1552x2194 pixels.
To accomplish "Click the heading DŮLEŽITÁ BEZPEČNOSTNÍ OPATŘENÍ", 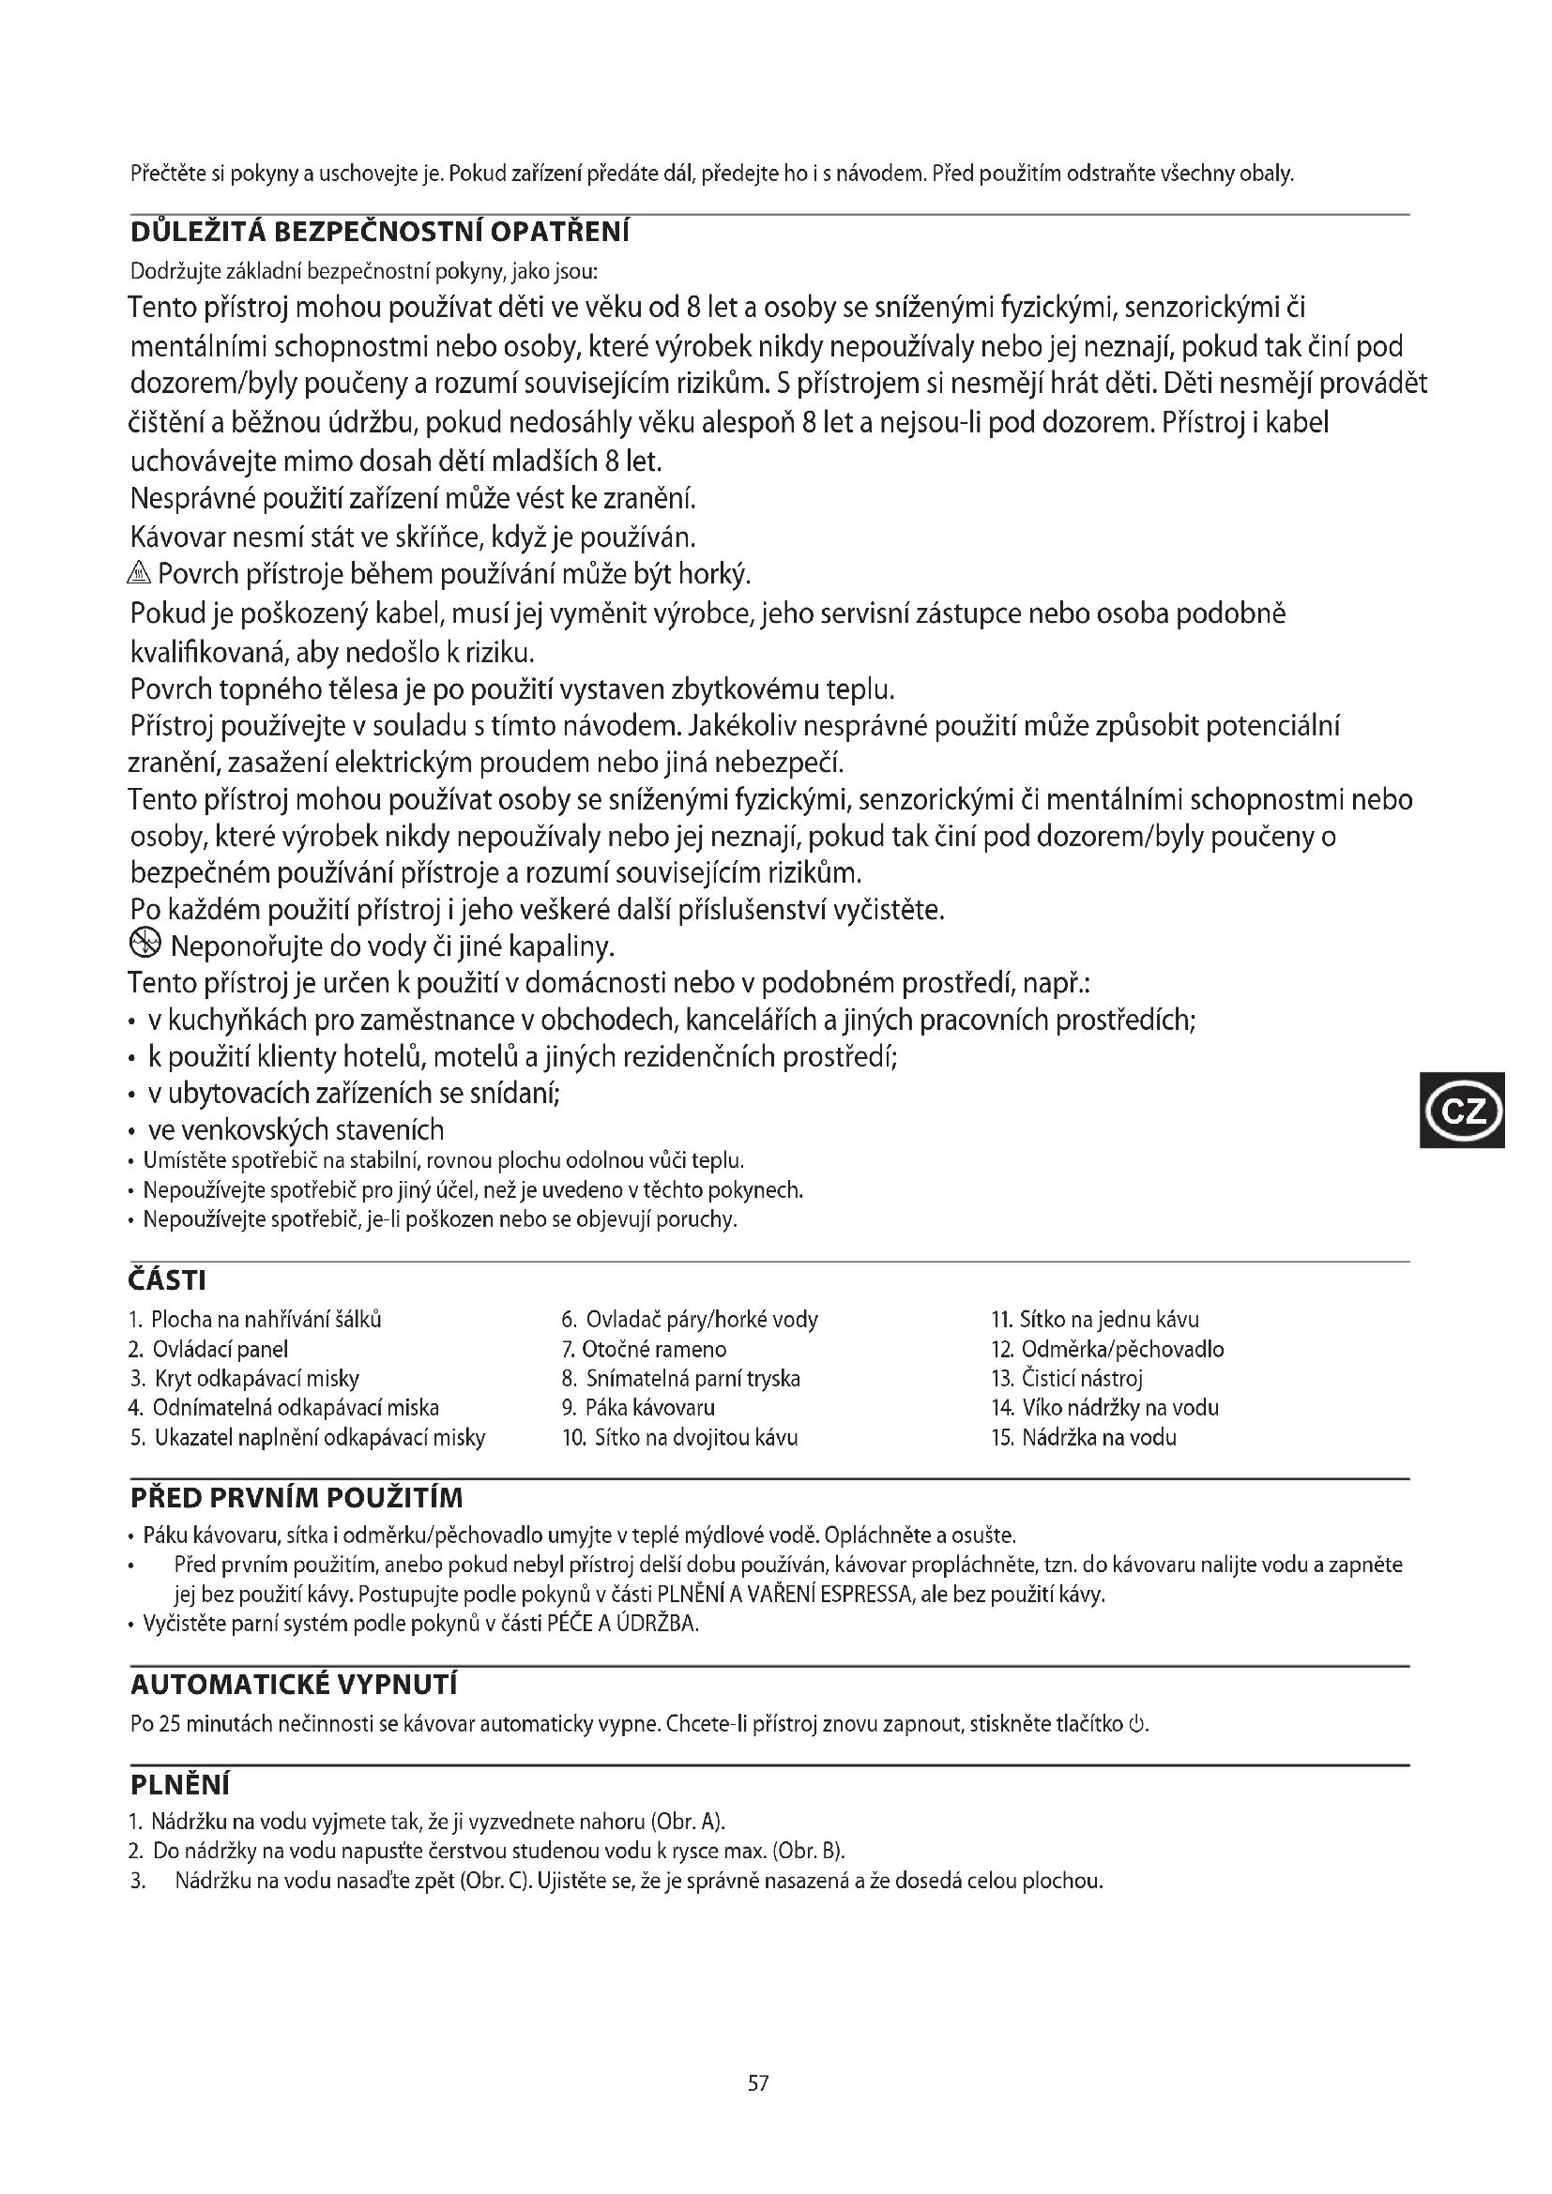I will [379, 233].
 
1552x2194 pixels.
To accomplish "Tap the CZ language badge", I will [1462, 1110].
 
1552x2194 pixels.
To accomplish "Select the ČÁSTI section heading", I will [167, 1279].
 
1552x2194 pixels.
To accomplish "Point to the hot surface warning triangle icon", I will [140, 574].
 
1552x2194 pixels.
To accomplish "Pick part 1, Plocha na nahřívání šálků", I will [255, 1320].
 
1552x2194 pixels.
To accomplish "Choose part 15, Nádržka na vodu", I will [1084, 1437].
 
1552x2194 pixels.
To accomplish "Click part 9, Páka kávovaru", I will [638, 1408].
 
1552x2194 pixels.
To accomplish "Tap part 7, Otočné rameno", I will [644, 1349].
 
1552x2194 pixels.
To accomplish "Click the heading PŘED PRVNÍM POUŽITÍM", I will [297, 1497].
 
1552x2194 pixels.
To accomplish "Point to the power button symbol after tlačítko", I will [1136, 1725].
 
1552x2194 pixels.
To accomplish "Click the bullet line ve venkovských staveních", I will [296, 1130].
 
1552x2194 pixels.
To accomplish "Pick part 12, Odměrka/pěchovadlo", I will [1107, 1349].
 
